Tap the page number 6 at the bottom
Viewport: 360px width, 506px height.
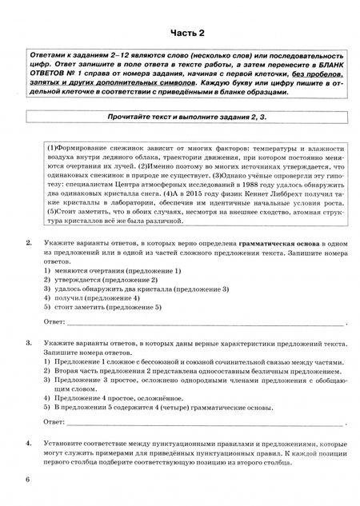(x=27, y=479)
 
